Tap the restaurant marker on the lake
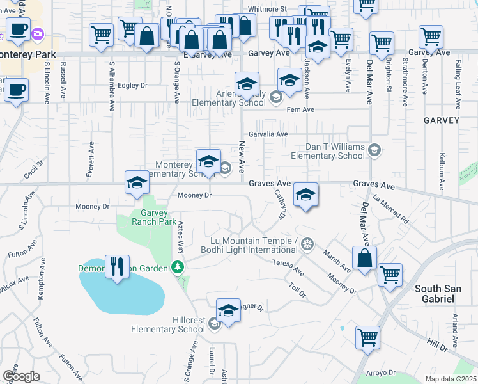[x=116, y=266]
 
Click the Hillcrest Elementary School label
[x=167, y=324]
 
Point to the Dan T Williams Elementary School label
[x=327, y=151]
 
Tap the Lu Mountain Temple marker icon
[x=307, y=244]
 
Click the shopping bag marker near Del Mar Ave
[x=364, y=260]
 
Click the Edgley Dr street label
[x=133, y=85]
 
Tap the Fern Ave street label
[x=300, y=110]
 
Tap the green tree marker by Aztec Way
[x=179, y=267]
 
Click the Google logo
[x=21, y=376]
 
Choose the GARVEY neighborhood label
[x=442, y=120]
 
